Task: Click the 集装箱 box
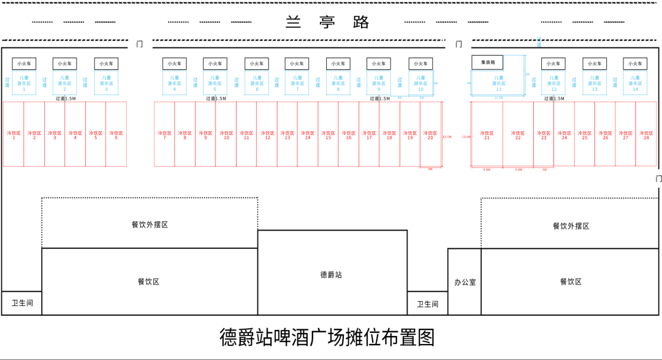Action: [487, 62]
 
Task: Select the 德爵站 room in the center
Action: [332, 274]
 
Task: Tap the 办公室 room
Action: [465, 282]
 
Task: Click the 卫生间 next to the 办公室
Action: [427, 304]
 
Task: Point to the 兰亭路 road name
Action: [328, 22]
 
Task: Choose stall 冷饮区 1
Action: [13, 134]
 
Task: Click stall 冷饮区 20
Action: [430, 134]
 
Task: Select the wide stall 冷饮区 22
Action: [518, 134]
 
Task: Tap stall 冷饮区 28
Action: [646, 134]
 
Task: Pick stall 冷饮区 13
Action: [287, 134]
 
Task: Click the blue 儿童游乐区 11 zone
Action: [498, 83]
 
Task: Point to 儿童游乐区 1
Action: [24, 83]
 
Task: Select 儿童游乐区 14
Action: [635, 83]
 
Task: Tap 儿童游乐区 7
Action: [297, 83]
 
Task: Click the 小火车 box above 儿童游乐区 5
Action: [215, 64]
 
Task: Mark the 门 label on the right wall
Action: [658, 178]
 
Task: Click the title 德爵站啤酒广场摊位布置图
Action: [327, 337]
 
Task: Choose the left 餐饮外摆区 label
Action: [150, 224]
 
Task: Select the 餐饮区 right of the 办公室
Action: [570, 281]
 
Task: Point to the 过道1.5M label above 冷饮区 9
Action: [216, 98]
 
